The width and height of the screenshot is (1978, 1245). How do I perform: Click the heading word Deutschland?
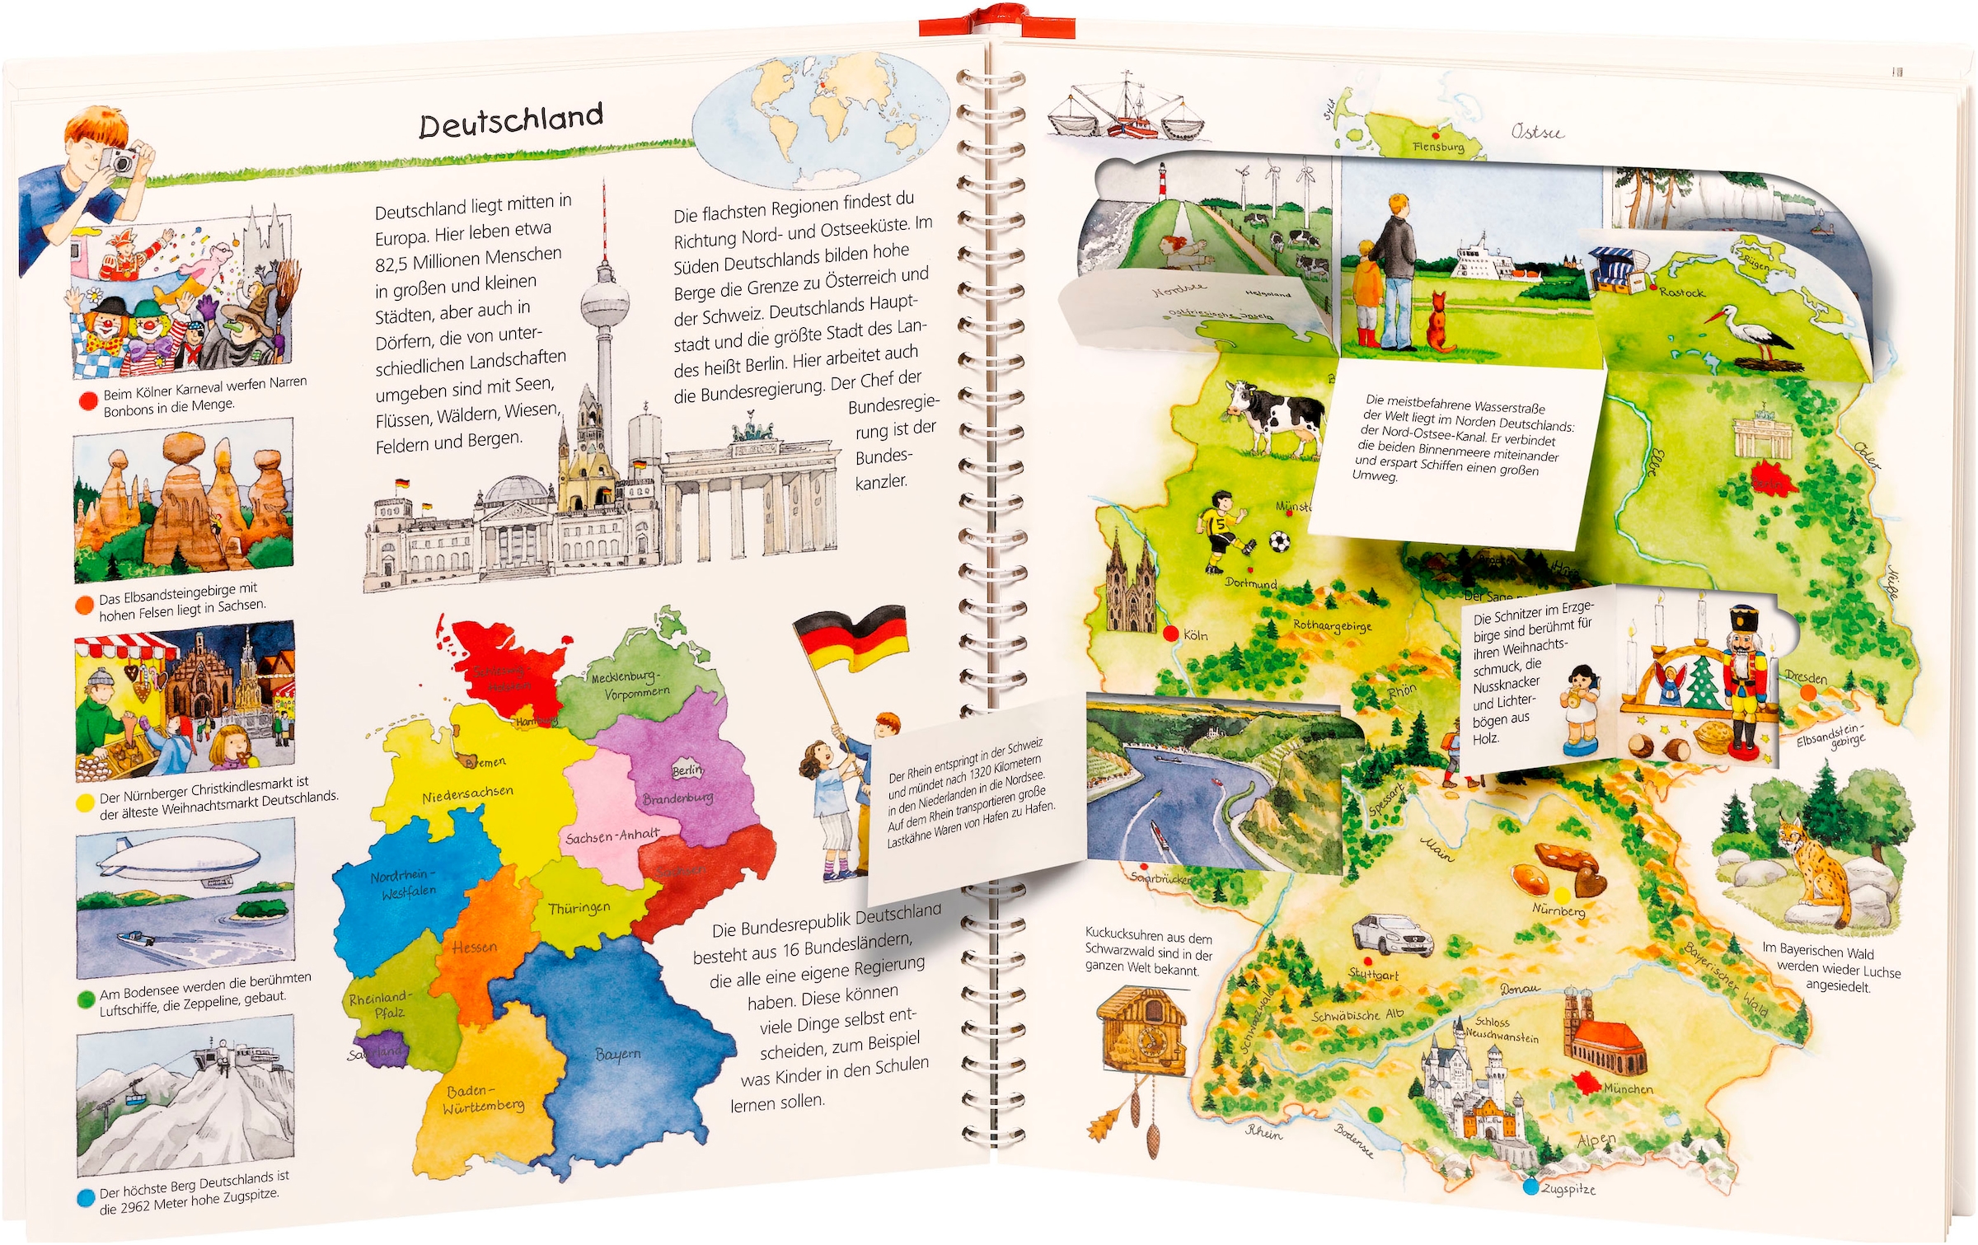pos(511,121)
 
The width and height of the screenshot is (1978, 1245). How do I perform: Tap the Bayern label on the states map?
pos(617,1054)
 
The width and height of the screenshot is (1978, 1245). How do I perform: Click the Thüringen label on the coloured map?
pos(579,908)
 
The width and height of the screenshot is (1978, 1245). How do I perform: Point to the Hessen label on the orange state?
pos(474,948)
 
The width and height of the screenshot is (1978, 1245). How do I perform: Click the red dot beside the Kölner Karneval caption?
pos(87,401)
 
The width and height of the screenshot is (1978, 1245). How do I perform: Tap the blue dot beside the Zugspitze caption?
pos(86,1197)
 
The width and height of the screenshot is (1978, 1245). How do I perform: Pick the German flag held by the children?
pos(853,639)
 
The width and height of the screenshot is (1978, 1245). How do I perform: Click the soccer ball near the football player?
pos(1278,541)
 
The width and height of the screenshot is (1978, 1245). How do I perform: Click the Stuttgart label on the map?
pos(1373,975)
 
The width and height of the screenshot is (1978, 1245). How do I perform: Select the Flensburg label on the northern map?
pos(1438,147)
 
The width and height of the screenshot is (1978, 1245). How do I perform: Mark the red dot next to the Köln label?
pos(1170,634)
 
